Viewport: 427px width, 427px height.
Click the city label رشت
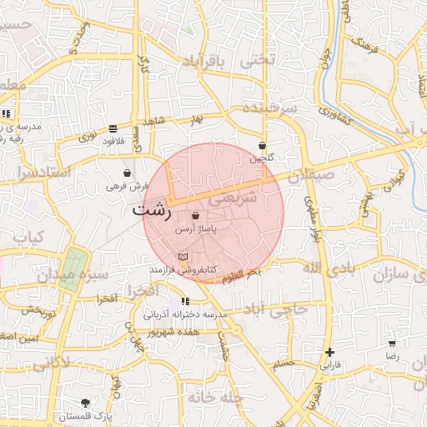pos(151,211)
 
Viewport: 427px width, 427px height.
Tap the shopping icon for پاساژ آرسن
pos(195,215)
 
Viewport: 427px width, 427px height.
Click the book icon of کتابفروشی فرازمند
pos(183,257)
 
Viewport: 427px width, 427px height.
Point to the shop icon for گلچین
pos(263,145)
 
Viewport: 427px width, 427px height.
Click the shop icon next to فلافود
pos(113,128)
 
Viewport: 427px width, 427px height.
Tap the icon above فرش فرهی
pos(126,173)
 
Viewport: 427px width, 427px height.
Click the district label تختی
pos(257,61)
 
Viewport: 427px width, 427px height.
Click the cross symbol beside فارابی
pos(330,353)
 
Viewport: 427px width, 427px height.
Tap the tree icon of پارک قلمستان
pos(85,402)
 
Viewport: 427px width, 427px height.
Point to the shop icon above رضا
pos(392,344)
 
